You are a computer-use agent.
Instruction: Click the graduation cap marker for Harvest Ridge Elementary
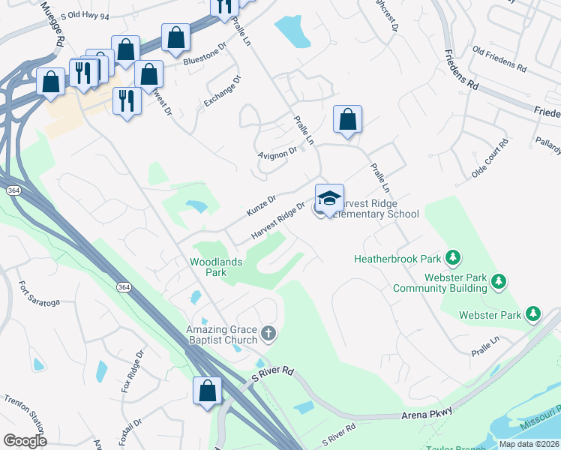(329, 199)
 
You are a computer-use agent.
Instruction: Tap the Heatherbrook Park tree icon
(453, 258)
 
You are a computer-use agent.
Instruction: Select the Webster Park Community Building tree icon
(498, 282)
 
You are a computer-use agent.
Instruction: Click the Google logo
(25, 441)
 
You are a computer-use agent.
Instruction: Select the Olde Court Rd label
(490, 157)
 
